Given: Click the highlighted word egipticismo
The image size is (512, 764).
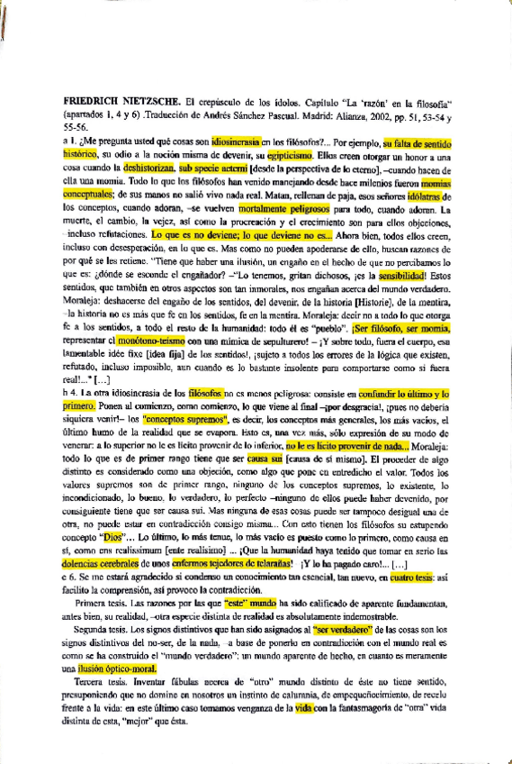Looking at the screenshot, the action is click(x=288, y=155).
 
